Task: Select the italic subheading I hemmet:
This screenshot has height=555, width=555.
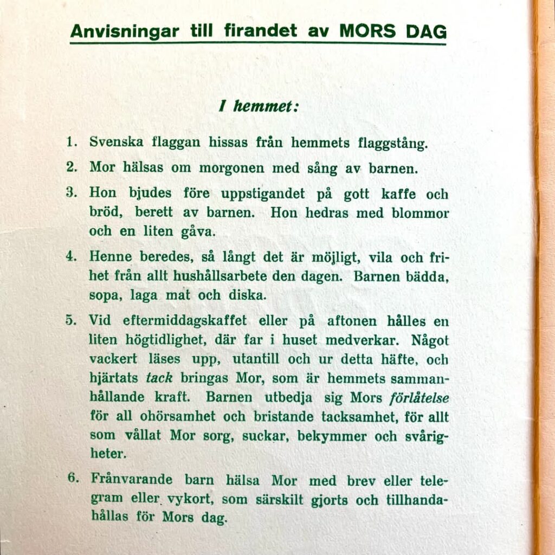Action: coord(259,106)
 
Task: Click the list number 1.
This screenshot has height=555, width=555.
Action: coord(70,143)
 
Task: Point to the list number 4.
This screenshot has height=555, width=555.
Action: coord(70,256)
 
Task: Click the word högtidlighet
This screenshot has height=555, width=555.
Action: coord(163,341)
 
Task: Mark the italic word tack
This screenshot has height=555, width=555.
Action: coord(159,378)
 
